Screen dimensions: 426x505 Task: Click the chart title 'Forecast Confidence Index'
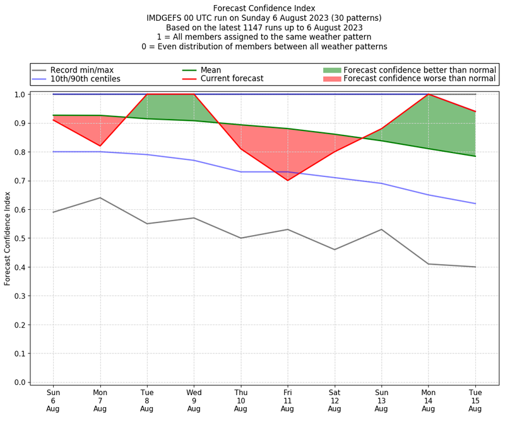[264, 8]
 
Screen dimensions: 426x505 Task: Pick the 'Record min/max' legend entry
[82, 70]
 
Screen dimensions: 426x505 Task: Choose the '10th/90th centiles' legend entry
[85, 79]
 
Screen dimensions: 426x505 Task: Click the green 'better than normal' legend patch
[331, 70]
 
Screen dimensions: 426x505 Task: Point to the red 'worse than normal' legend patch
[331, 79]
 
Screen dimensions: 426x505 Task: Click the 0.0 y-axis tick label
[20, 383]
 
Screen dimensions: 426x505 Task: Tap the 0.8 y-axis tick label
[20, 152]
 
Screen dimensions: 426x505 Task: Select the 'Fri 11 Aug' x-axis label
[287, 400]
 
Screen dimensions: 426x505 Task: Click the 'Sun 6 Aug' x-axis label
[53, 400]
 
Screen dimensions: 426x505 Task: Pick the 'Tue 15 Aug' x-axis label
[475, 400]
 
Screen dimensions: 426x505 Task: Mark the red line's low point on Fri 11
[287, 180]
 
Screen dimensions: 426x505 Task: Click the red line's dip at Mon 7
[100, 146]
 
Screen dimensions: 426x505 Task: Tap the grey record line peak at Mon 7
[100, 198]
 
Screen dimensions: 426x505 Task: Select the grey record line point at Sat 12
[334, 250]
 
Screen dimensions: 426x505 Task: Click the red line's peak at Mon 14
[428, 95]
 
